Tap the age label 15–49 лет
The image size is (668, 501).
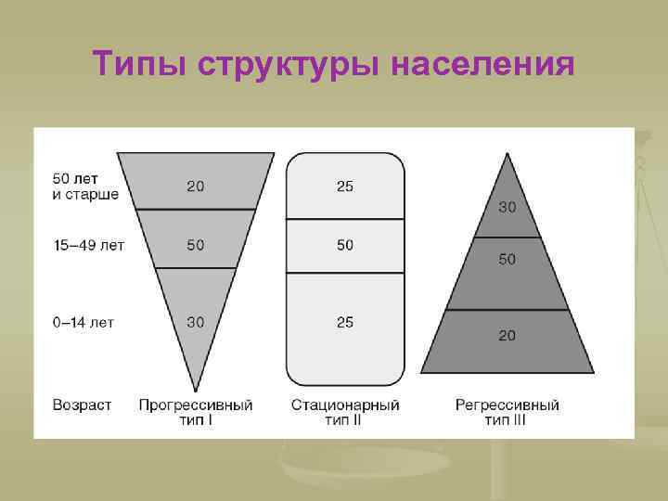[88, 246]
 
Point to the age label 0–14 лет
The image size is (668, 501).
[83, 323]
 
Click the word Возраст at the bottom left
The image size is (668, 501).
[83, 405]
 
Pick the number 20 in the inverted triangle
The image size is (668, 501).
[196, 186]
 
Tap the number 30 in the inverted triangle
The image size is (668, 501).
[196, 322]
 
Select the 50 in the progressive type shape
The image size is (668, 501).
[196, 245]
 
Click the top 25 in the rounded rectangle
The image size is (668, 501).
[345, 186]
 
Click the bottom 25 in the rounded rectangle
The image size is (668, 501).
[345, 322]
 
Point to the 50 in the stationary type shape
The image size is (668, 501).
[345, 245]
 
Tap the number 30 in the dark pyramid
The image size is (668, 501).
[507, 206]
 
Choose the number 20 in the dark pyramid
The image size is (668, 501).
[507, 336]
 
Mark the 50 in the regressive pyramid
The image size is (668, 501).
[507, 260]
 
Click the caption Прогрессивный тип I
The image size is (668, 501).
[196, 413]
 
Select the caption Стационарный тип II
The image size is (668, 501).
[345, 413]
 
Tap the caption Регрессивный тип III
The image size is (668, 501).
[507, 413]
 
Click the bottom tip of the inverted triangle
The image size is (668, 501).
[196, 390]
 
